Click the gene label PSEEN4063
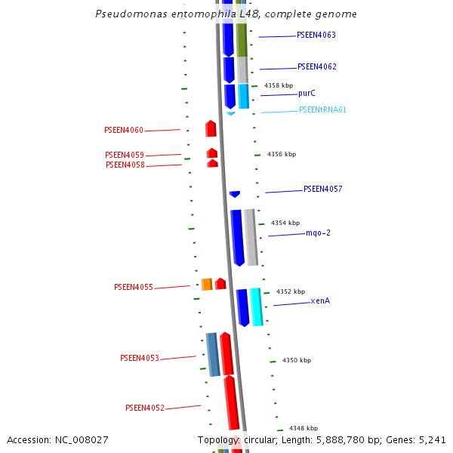coord(316,35)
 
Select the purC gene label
coord(307,94)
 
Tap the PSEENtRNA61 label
coord(322,110)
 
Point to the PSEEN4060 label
coord(124,131)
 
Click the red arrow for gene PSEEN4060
coord(211,129)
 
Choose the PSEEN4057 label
coord(322,190)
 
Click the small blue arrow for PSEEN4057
coord(234,194)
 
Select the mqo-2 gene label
coord(318,233)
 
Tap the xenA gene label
coord(320,301)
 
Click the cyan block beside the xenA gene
coord(257,307)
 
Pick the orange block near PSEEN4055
coord(206,285)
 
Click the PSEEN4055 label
coord(134,288)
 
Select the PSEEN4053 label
coord(140,359)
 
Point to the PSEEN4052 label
coord(145,408)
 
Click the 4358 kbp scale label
coord(279,86)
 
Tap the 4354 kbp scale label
coord(285,223)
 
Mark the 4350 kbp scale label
coord(297,361)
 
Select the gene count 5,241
coord(431,440)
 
